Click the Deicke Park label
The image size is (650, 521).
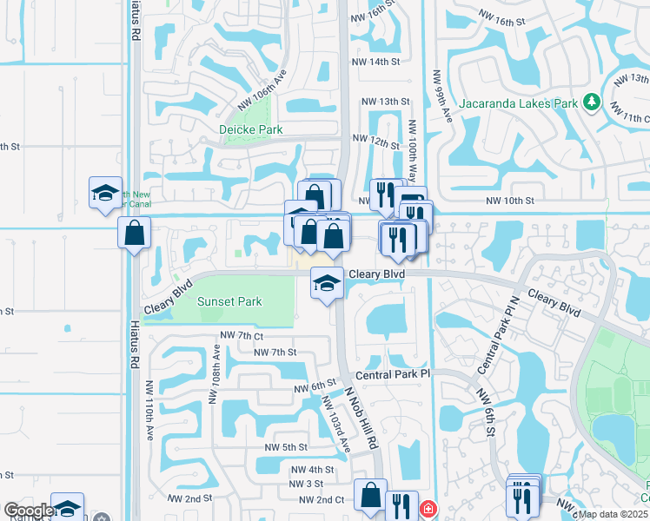click(x=250, y=129)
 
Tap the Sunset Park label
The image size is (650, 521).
click(x=229, y=301)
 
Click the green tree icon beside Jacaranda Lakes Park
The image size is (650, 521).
click(x=592, y=102)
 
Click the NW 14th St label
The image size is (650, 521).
click(x=375, y=63)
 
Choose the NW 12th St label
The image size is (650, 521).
click(x=375, y=139)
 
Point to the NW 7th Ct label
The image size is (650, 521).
click(x=242, y=335)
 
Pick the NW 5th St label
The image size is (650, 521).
click(x=287, y=447)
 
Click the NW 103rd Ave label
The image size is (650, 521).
click(x=335, y=425)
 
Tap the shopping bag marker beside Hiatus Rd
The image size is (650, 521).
click(x=135, y=233)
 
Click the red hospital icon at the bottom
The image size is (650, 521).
click(x=427, y=509)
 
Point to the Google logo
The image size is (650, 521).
click(x=29, y=511)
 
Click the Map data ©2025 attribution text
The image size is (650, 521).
click(x=613, y=514)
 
